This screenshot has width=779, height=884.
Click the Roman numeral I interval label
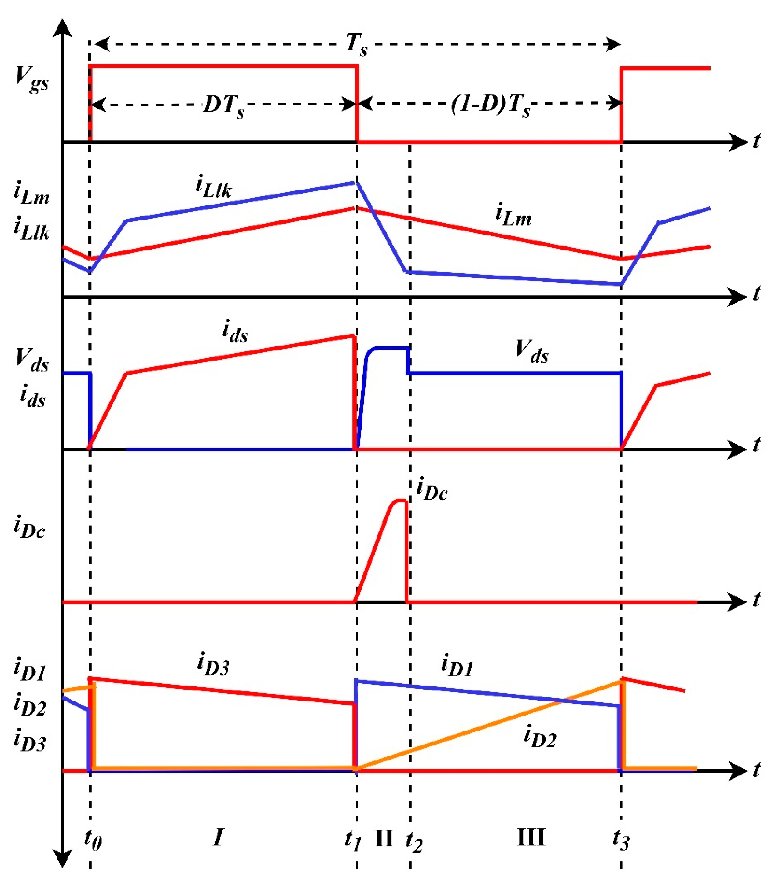point(218,837)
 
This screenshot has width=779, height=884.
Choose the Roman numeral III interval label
point(531,837)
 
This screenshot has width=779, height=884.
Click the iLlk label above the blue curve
point(214,187)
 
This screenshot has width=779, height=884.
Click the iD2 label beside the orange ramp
point(539,737)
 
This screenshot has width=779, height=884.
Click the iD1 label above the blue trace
point(457,665)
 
